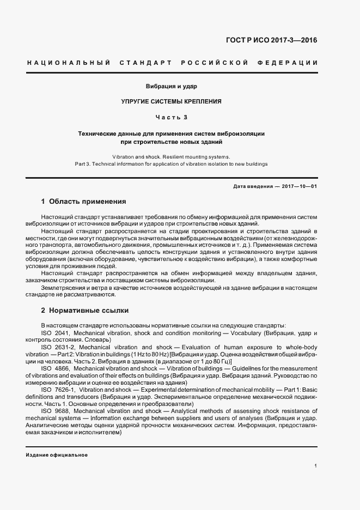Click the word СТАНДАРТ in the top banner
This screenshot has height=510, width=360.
point(147,63)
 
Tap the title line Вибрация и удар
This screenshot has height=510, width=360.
point(172,87)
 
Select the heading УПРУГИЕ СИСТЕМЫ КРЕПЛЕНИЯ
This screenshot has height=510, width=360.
point(172,101)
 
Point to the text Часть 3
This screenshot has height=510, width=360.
point(172,117)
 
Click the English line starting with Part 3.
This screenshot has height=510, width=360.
point(171,164)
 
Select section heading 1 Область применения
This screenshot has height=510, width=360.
point(83,201)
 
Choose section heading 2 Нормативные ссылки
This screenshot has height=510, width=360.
point(84,311)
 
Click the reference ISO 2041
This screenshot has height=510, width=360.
point(56,332)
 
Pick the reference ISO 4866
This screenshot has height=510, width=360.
point(56,368)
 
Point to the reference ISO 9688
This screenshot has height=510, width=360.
point(56,411)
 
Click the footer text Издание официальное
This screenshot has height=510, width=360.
point(57,455)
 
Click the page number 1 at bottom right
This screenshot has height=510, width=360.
point(316,466)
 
